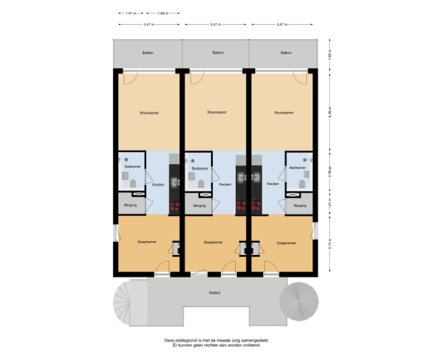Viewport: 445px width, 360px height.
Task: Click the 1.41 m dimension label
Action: click(x=131, y=13)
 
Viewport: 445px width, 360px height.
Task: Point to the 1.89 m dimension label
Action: click(x=163, y=13)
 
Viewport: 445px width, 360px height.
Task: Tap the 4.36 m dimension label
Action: click(x=330, y=112)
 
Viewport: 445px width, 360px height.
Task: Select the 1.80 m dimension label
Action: click(x=330, y=54)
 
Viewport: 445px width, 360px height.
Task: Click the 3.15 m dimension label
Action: click(x=330, y=244)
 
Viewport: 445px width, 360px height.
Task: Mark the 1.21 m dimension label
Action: click(x=330, y=203)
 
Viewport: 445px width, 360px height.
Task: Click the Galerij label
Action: click(x=214, y=292)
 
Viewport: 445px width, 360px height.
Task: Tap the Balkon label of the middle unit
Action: click(x=218, y=52)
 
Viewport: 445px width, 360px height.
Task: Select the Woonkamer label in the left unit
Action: click(x=149, y=113)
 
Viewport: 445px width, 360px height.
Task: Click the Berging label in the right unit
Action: click(x=300, y=205)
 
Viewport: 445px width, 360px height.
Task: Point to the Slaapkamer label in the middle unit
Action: click(x=213, y=242)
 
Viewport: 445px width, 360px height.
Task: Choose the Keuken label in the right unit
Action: click(x=273, y=184)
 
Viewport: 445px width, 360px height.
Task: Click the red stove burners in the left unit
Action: click(x=175, y=207)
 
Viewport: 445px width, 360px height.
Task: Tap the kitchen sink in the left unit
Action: click(x=175, y=182)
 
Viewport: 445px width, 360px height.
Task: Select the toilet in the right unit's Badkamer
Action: click(x=302, y=184)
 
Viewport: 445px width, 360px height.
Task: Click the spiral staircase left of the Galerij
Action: click(x=122, y=302)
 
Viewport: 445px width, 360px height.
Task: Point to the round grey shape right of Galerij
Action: click(x=299, y=302)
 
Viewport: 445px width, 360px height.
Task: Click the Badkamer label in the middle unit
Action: click(x=200, y=168)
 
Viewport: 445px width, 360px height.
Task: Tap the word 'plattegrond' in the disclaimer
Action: click(x=186, y=340)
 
